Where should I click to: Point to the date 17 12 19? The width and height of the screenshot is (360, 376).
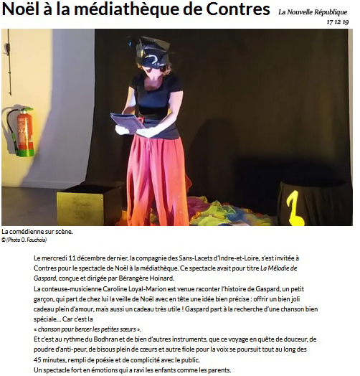pos(337,22)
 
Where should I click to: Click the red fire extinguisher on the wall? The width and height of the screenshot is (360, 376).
pos(24,131)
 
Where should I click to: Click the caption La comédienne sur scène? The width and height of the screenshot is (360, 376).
pos(37,232)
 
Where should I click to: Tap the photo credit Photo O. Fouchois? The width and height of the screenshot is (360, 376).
pos(27,239)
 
